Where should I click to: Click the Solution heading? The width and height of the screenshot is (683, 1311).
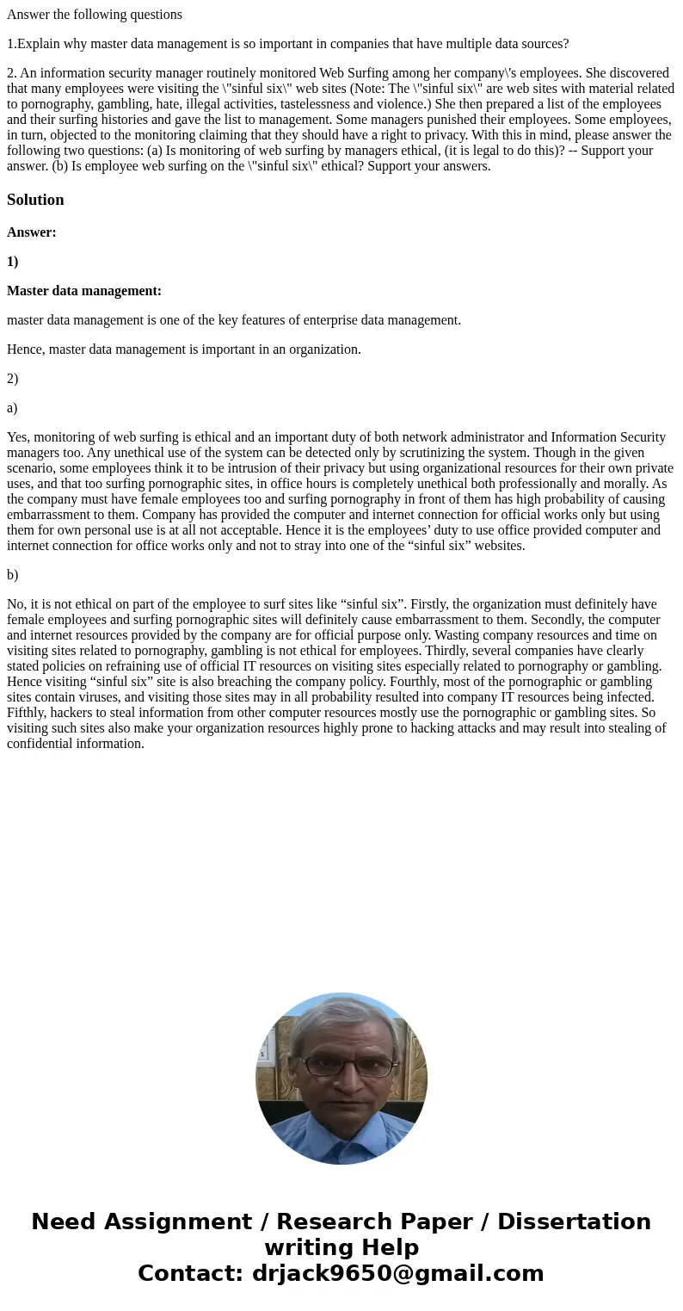35,200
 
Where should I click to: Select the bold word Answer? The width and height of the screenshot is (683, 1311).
32,232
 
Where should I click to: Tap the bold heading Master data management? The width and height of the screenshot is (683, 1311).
84,291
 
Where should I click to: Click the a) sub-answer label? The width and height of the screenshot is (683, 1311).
12,408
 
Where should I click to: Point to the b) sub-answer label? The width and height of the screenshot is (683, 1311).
13,575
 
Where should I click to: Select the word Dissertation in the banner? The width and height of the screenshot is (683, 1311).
574,1221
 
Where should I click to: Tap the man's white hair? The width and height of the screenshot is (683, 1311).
342,1020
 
